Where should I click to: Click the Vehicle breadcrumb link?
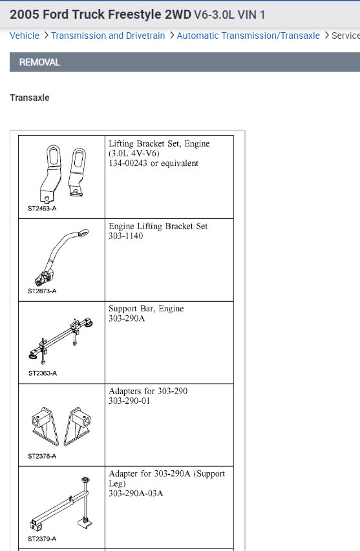tap(25, 36)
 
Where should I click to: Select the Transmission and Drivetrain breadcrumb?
tap(108, 36)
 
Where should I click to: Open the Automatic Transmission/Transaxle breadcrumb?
tap(248, 36)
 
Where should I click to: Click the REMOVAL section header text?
tap(39, 62)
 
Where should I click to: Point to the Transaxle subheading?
tap(30, 98)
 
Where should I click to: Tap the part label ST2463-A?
tap(42, 209)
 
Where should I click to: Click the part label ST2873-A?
tap(42, 291)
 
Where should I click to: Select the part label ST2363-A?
tap(42, 373)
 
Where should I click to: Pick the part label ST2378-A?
tap(42, 456)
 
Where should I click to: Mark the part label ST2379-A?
tap(42, 539)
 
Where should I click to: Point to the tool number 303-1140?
tap(126, 236)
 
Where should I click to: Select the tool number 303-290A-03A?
tap(136, 494)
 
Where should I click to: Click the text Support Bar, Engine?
tap(146, 309)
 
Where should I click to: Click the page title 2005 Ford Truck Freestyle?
tap(100, 14)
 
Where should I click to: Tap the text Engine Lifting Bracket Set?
tap(158, 226)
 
